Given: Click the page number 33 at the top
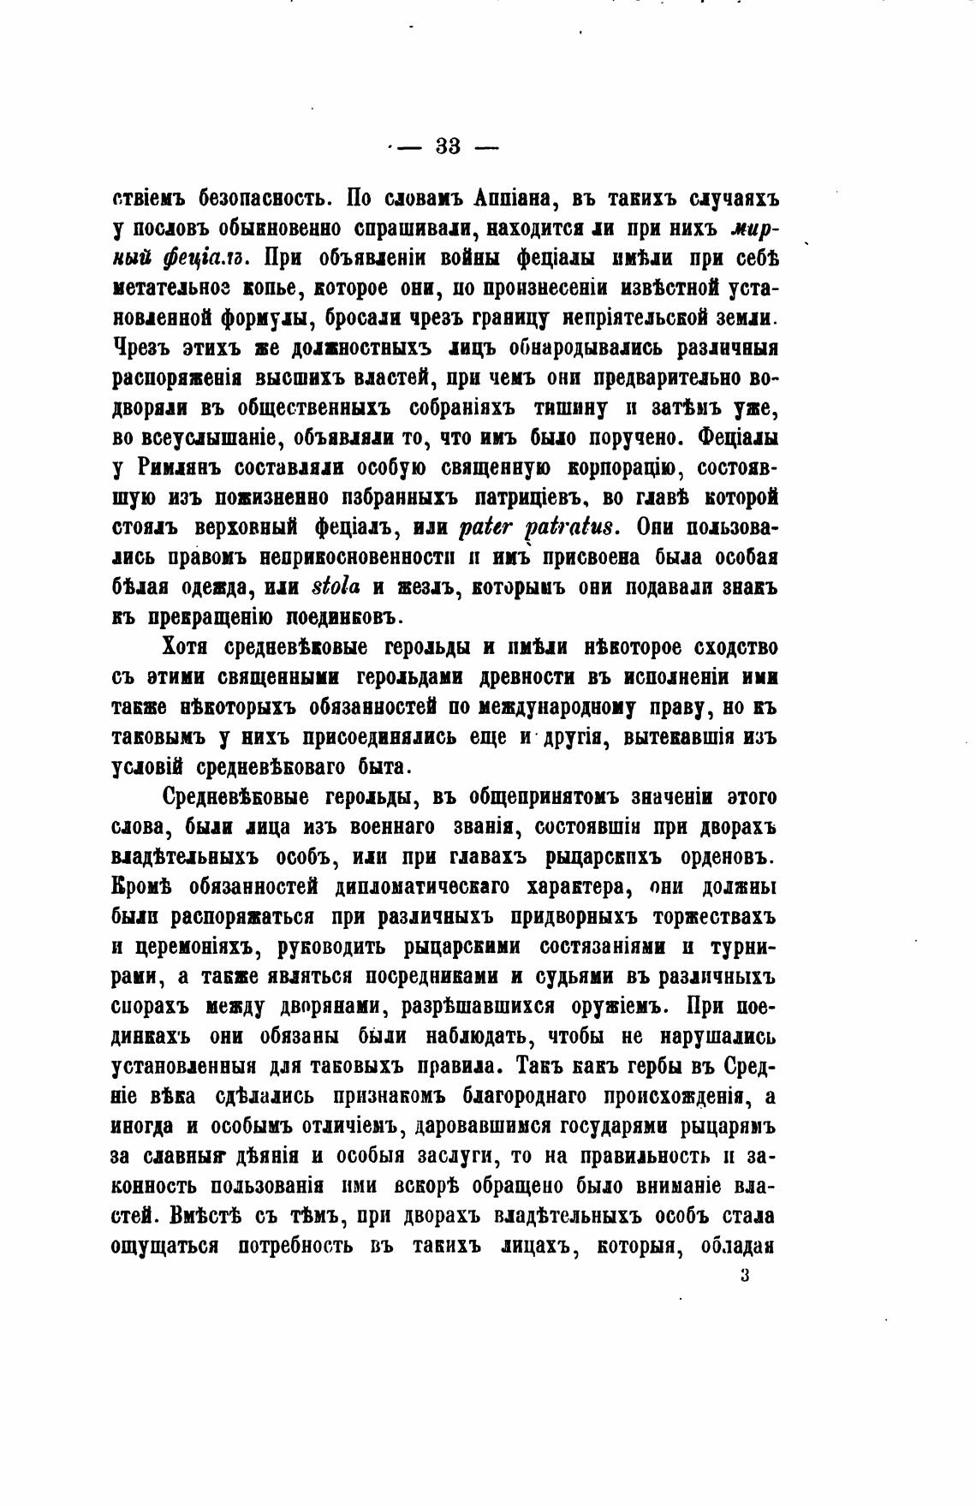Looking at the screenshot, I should pos(448,146).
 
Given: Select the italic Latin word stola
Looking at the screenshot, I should pos(337,588).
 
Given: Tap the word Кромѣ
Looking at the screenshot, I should pos(139,886).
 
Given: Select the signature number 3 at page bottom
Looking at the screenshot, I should pos(744,1275).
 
